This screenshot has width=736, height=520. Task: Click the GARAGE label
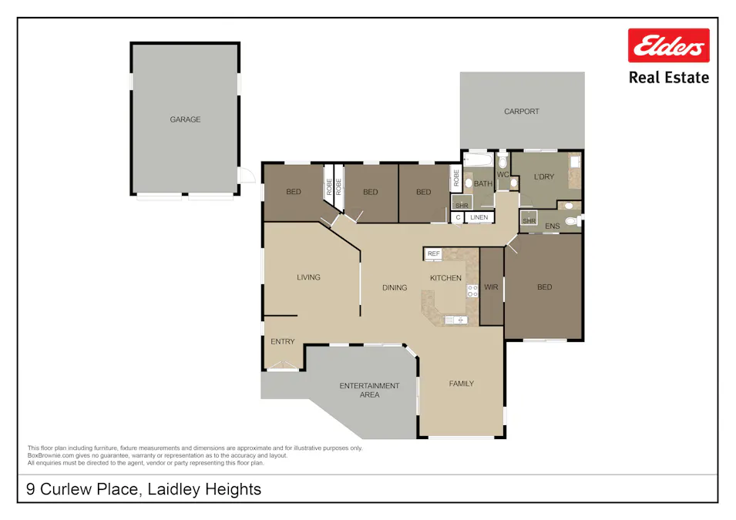[185, 119]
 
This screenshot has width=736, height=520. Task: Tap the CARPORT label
[522, 112]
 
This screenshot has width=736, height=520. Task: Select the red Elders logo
[668, 46]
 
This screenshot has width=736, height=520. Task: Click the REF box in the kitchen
[433, 253]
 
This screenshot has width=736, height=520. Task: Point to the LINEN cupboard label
[479, 218]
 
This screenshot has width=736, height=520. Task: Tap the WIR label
[491, 287]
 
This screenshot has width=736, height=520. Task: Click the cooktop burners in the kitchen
[472, 291]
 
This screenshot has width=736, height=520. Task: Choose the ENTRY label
[282, 341]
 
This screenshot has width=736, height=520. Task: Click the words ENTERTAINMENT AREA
[370, 390]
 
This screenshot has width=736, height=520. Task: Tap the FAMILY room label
[462, 384]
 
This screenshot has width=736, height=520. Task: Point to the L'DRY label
[544, 178]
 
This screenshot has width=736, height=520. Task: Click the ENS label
[552, 226]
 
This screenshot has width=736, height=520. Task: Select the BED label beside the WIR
[544, 287]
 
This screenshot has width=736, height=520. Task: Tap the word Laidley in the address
[166, 489]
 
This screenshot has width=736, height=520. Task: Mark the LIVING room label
[308, 277]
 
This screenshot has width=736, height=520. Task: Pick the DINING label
[395, 288]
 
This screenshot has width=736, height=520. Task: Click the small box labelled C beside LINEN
[458, 218]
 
